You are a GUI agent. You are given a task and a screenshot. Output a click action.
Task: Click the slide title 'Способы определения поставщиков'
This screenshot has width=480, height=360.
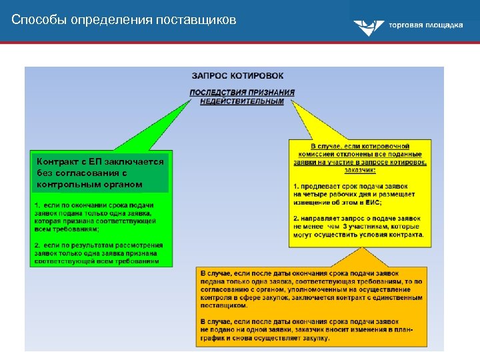pos(123,20)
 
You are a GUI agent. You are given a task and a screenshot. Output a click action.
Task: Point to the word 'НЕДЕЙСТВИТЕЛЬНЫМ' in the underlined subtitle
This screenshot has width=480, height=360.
pos(242,101)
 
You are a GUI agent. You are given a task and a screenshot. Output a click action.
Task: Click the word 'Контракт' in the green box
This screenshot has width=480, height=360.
pos(57,162)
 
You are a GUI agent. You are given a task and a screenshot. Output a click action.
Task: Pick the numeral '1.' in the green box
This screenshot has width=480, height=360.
pos(38,205)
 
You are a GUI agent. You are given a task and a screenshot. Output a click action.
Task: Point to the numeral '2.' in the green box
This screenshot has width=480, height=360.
pos(38,245)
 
